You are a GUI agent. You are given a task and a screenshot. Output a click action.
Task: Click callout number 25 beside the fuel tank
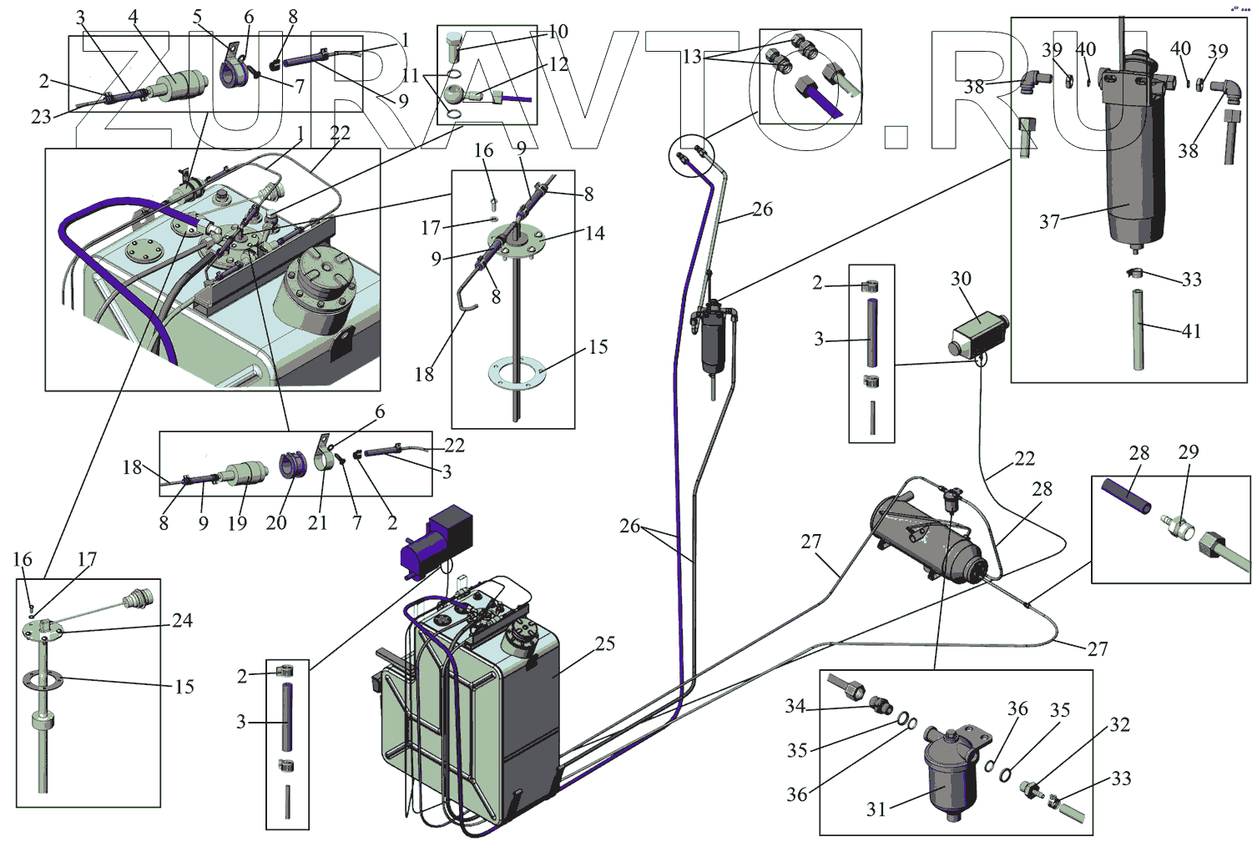coord(605,644)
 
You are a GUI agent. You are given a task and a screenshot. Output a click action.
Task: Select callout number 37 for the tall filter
coord(1049,222)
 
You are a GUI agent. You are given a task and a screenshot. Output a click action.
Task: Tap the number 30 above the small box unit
coord(961,279)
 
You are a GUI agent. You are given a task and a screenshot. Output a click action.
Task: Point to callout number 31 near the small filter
coord(876,809)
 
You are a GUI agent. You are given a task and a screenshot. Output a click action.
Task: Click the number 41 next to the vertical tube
coord(1191,331)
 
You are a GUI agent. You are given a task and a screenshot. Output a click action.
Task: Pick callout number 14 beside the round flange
coord(594,234)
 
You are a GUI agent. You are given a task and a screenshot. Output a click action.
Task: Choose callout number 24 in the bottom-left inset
coord(182,621)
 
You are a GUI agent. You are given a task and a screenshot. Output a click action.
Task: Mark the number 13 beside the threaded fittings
coord(692,57)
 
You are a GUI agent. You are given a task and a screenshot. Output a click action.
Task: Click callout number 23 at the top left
coord(41,117)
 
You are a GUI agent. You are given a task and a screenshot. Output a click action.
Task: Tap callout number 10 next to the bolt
coord(558,32)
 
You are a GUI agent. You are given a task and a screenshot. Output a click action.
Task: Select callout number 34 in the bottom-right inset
coord(795,707)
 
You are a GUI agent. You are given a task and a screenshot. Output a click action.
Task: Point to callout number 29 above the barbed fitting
coord(1188,452)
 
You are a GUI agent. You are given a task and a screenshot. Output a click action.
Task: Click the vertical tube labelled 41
coord(1138,330)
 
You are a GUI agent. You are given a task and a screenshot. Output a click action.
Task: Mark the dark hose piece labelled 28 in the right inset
coord(1126,497)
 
